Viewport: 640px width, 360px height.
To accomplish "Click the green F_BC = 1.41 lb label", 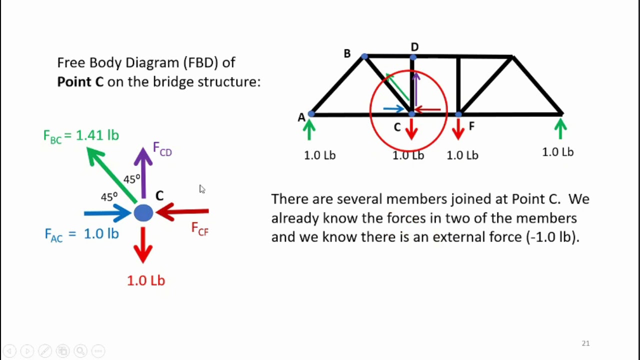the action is tap(81, 135).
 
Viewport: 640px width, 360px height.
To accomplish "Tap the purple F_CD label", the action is tap(162, 149).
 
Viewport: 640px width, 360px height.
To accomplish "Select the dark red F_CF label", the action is tap(199, 229).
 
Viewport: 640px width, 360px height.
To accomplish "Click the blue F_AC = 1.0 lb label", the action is tap(81, 234).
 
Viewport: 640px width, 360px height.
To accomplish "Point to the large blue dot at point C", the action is tap(143, 213).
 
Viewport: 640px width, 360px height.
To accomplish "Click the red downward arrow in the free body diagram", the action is tap(143, 245).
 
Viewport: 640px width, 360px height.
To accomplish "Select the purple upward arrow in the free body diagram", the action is tap(143, 172).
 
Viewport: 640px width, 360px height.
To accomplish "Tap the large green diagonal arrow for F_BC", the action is tap(111, 175).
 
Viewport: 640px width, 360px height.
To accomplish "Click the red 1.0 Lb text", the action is tap(146, 280).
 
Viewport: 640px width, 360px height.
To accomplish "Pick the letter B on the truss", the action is tap(347, 53).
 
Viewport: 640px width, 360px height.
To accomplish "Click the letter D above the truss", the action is tap(414, 47).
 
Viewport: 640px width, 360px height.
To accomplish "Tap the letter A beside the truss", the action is tap(301, 117).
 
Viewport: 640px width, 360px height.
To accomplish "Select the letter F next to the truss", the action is tap(471, 125).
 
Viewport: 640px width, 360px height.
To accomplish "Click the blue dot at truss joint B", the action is tap(364, 56).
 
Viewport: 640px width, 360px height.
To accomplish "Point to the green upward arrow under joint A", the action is tap(309, 129).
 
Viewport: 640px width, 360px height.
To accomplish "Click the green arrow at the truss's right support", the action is tap(560, 128).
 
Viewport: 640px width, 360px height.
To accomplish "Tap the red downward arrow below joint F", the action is tap(458, 129).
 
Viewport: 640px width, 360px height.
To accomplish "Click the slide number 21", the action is tap(585, 343).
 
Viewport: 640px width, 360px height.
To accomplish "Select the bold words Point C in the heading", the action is tap(80, 82).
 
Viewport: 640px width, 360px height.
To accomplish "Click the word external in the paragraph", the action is tap(458, 237).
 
